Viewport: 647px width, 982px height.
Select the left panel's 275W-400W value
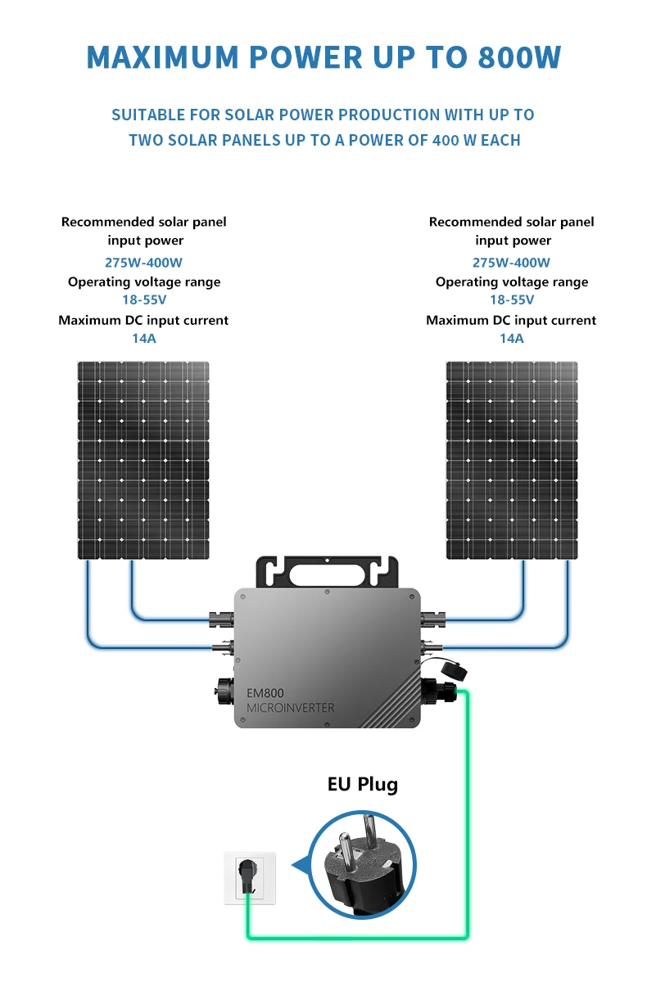coord(143,263)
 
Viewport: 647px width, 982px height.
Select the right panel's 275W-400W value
coord(511,263)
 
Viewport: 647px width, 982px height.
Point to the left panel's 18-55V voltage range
coord(143,300)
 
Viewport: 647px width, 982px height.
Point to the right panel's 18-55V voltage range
coord(511,300)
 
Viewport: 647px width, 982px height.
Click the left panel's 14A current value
coord(143,338)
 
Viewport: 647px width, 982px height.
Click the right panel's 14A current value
coord(511,338)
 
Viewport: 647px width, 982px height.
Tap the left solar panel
coord(143,460)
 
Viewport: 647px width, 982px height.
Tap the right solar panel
coord(511,460)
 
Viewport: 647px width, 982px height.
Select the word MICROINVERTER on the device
coord(291,708)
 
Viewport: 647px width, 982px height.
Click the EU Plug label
coord(362,784)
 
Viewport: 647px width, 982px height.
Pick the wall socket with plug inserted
coord(250,877)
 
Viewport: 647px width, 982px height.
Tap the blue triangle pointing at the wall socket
coord(300,864)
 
